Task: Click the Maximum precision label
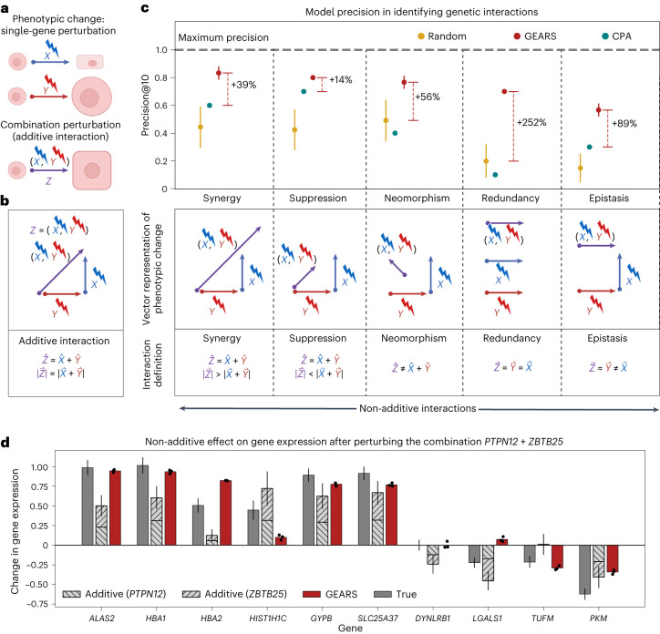pos(228,36)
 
